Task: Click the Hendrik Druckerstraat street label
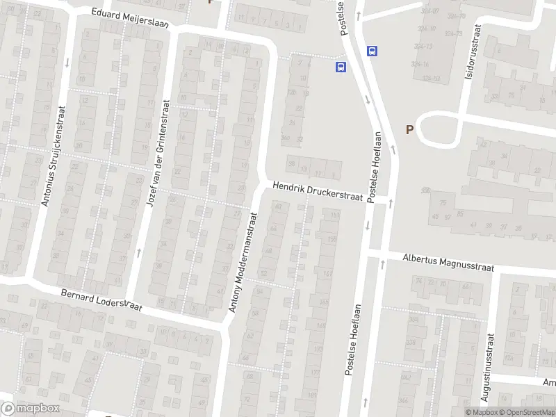(x=318, y=192)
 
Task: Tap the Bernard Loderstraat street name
(x=101, y=301)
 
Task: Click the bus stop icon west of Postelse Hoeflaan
(x=341, y=67)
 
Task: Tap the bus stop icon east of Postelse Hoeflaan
(x=373, y=50)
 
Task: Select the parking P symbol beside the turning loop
(x=409, y=129)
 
